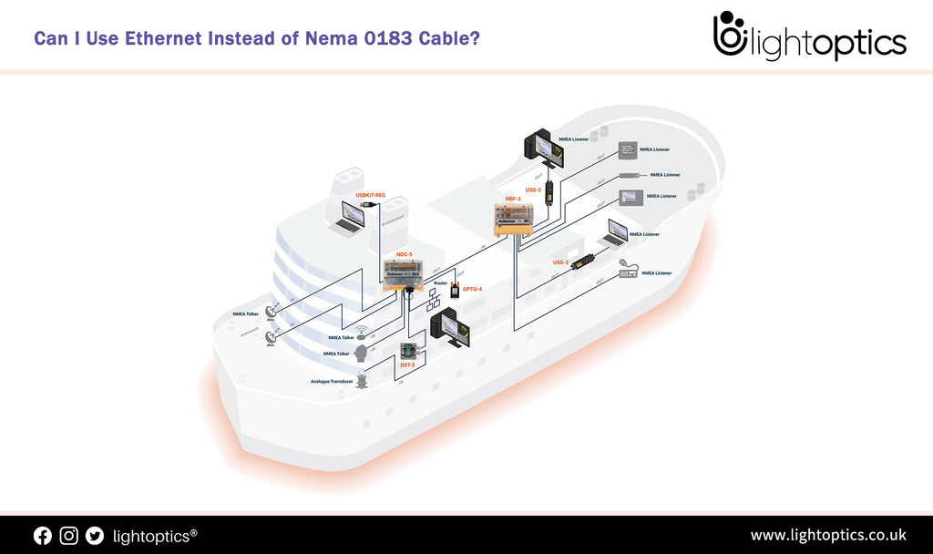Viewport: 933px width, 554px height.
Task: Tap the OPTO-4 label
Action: coord(472,290)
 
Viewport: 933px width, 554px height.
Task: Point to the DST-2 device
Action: coord(408,351)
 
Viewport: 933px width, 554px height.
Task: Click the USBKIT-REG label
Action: coord(371,195)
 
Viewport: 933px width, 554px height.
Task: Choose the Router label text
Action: coord(440,283)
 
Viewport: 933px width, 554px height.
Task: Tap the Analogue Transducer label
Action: coord(332,381)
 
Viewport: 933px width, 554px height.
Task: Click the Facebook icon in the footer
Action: coord(43,536)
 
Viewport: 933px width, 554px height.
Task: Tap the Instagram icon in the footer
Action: coord(69,536)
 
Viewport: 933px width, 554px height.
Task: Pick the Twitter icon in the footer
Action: coord(95,536)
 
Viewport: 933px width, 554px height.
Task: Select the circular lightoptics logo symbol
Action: coord(730,35)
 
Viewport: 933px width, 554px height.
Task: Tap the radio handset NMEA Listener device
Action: coord(628,270)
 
